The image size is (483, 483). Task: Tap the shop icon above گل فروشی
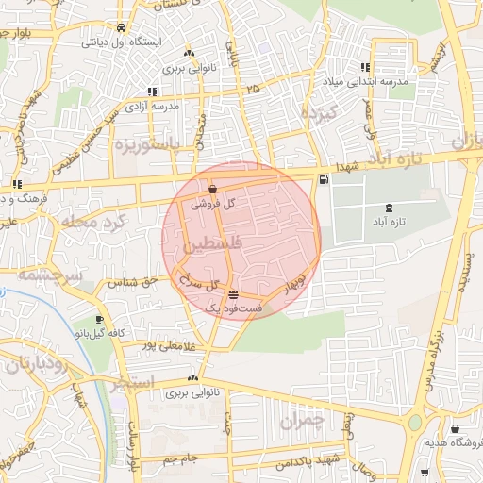click(212, 189)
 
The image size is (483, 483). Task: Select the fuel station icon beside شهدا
click(325, 179)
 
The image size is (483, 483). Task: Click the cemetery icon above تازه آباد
click(390, 208)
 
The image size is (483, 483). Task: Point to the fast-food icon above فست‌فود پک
click(233, 295)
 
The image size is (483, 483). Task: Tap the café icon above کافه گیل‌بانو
click(99, 320)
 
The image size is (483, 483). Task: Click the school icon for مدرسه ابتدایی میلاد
click(364, 67)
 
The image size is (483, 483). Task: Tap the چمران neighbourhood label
click(302, 419)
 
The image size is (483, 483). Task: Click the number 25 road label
click(251, 89)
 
